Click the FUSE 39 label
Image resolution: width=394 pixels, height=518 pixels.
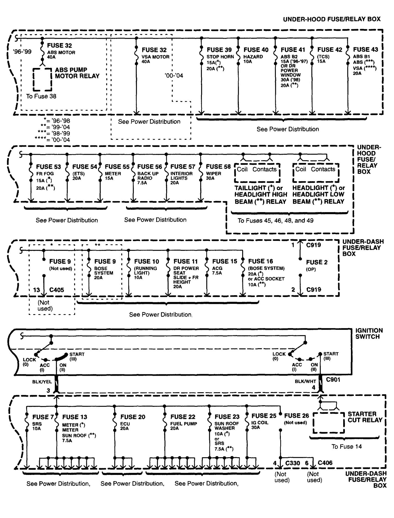click(219, 50)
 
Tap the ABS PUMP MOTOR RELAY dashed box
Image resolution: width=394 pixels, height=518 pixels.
click(42, 79)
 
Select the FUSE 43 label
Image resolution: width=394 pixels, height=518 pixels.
click(365, 49)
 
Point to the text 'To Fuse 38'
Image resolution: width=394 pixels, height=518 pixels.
click(41, 96)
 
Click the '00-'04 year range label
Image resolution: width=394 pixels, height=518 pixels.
click(173, 75)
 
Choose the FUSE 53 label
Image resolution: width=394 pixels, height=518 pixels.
click(48, 167)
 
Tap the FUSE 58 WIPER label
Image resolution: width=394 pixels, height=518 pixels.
click(218, 167)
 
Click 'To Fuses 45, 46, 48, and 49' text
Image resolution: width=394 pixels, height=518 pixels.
click(275, 221)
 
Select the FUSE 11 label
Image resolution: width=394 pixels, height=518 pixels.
click(186, 261)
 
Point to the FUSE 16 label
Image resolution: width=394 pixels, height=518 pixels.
click(260, 261)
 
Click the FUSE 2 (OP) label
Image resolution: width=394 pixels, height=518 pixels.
click(317, 262)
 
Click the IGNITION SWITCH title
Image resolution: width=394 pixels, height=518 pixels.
click(369, 333)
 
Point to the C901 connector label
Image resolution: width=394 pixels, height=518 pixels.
click(333, 380)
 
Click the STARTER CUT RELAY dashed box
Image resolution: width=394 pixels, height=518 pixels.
click(329, 423)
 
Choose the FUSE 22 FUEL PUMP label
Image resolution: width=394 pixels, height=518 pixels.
click(183, 417)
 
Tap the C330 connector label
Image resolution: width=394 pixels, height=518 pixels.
click(293, 463)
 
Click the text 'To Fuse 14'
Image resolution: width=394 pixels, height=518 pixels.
click(347, 446)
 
